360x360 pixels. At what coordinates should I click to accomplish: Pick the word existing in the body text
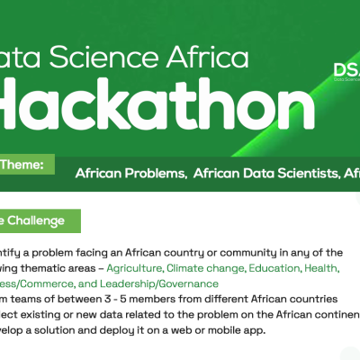(x=45, y=314)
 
